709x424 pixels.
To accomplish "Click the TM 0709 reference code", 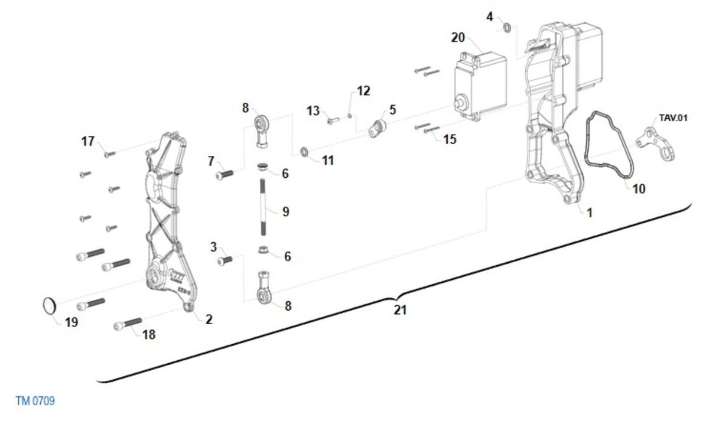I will click(35, 402).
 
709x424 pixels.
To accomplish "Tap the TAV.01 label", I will click(674, 118).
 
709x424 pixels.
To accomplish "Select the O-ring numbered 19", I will click(50, 306).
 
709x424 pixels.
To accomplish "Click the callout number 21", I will click(400, 309).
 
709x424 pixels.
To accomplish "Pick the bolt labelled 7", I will click(226, 174).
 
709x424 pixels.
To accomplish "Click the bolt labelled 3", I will click(225, 260).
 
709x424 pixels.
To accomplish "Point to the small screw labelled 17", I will click(109, 154).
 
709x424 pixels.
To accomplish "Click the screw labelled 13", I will click(331, 121).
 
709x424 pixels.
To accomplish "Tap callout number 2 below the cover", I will click(209, 319).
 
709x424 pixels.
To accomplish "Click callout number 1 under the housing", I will click(588, 213).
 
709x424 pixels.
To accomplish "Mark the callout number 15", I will click(450, 139).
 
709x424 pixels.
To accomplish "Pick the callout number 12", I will click(363, 91).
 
